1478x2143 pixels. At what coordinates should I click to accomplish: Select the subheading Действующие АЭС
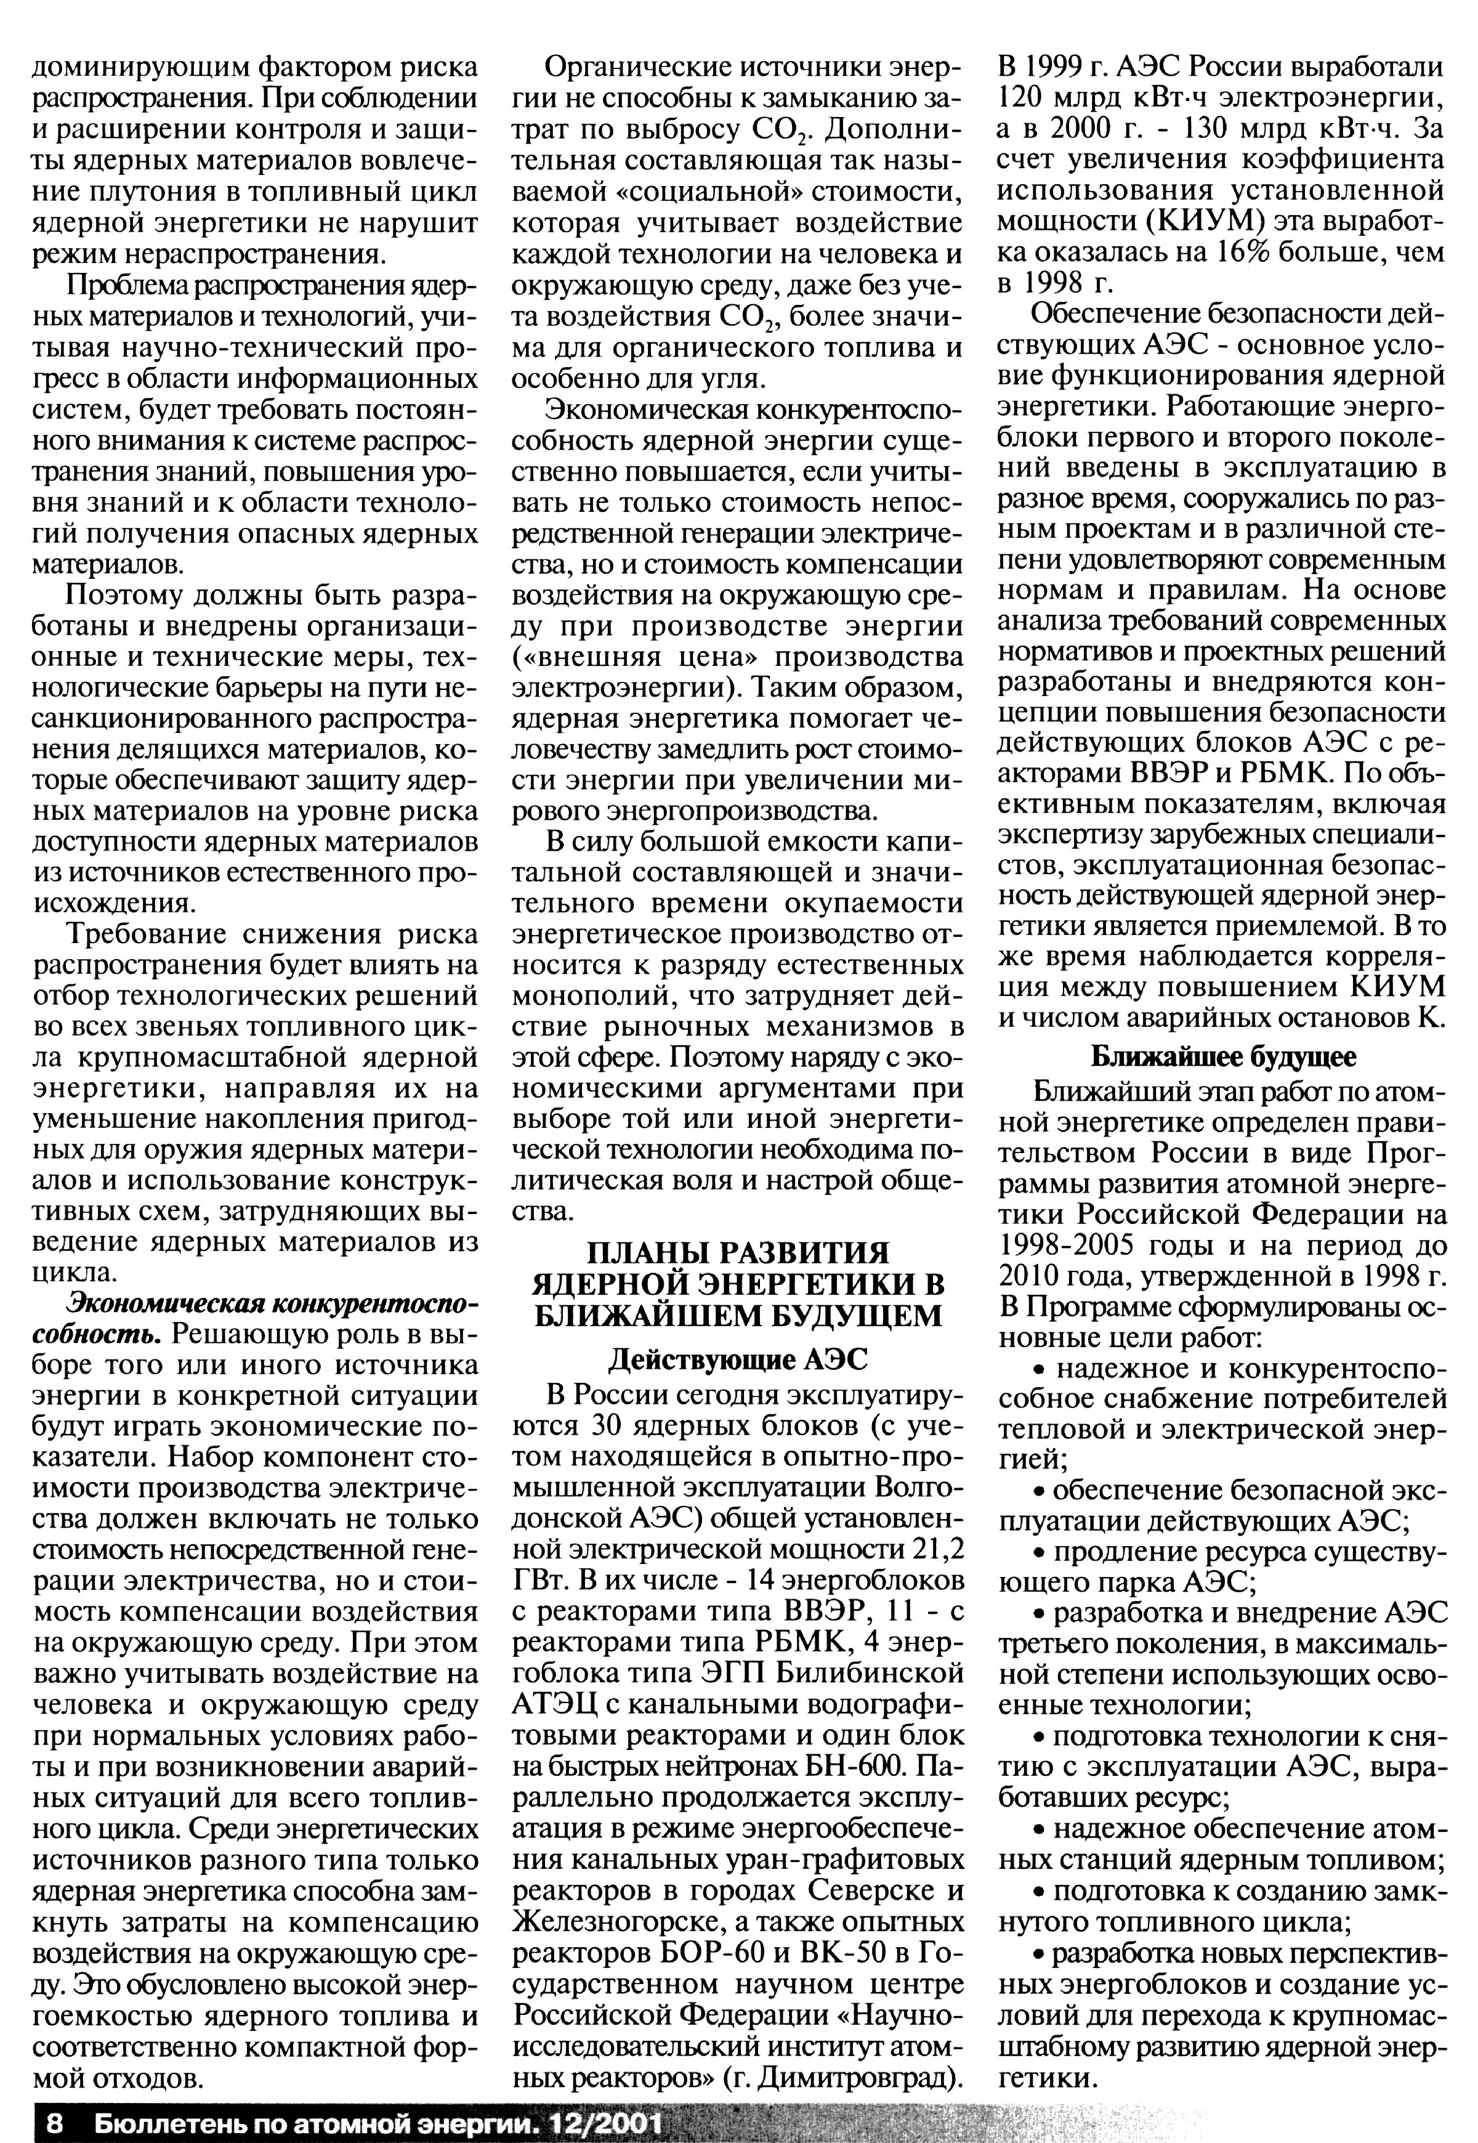(737, 1359)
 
